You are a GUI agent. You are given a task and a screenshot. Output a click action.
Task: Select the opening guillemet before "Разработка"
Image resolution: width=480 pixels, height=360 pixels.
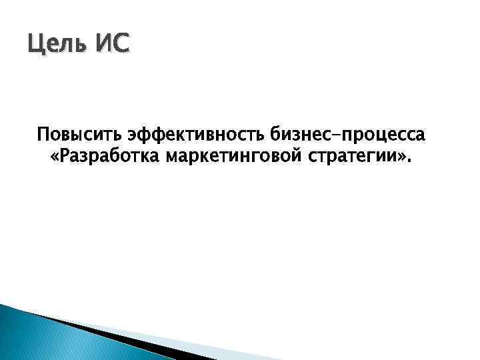(55, 159)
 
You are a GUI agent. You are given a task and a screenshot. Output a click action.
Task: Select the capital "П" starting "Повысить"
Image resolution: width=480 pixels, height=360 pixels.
(43, 135)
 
